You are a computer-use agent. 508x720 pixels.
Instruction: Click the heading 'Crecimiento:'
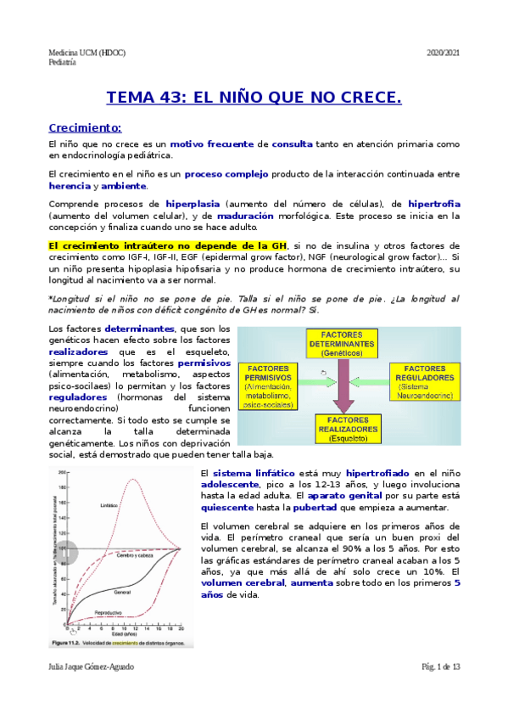pos(85,128)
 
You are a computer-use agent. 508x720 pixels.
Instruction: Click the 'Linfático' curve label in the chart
pos(109,503)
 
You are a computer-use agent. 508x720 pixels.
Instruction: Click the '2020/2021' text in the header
pos(442,53)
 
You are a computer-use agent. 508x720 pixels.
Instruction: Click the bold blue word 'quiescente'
pos(224,508)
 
